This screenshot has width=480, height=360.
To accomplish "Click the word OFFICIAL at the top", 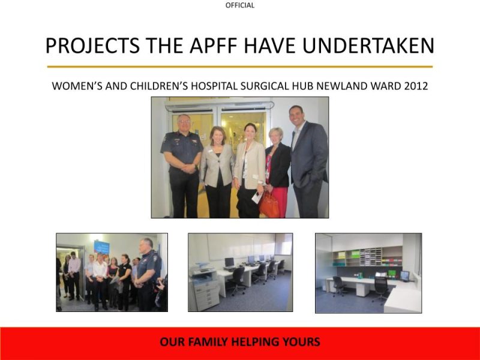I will point(240,5).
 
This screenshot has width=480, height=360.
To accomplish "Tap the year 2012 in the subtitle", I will point(416,85).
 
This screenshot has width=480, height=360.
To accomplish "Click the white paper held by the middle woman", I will point(257,196).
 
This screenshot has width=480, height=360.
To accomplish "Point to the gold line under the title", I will point(240,67).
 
